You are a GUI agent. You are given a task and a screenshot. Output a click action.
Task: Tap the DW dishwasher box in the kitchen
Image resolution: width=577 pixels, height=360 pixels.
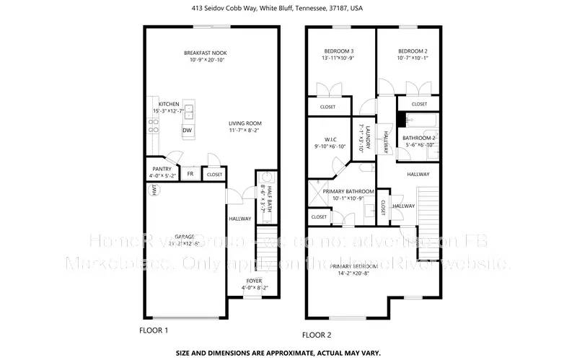pos(187,131)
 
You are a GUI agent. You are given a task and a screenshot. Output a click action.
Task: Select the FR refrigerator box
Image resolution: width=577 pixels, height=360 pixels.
pos(190,174)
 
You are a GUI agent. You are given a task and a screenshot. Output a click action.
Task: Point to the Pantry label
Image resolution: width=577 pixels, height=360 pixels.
pos(162,172)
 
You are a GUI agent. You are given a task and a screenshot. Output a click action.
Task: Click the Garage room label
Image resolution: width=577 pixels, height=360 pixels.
pos(184,240)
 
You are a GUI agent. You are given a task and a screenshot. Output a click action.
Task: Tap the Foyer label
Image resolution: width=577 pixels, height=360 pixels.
pos(254,284)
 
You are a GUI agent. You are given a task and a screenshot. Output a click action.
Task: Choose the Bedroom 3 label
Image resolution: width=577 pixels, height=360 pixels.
pos(338,54)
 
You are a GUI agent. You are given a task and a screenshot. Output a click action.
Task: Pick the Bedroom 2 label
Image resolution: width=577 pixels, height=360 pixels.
pos(413,54)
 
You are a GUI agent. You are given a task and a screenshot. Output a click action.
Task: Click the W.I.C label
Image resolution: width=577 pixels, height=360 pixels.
pos(330,143)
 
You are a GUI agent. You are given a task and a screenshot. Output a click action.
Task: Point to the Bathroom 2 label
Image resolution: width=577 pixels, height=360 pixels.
pos(418,141)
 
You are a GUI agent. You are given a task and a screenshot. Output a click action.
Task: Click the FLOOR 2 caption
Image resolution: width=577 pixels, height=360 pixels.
pos(317,335)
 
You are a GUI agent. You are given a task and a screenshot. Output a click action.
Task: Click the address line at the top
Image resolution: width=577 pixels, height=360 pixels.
pos(288,9)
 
